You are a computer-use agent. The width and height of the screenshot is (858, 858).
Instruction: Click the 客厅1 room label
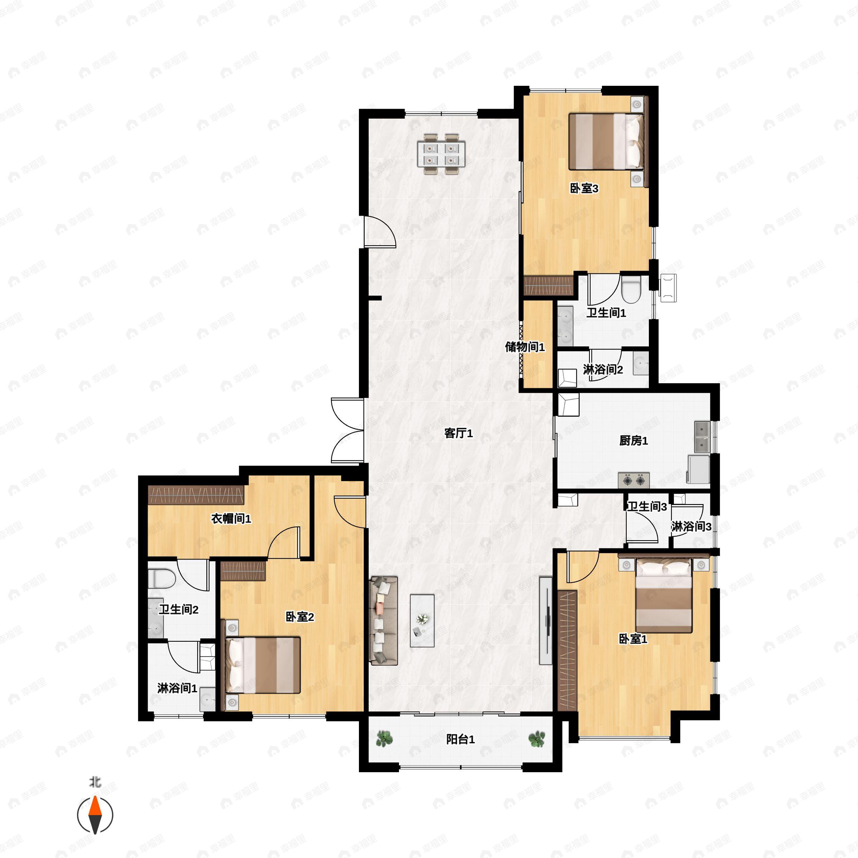click(458, 433)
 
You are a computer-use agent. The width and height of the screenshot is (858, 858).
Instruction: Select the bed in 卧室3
click(605, 141)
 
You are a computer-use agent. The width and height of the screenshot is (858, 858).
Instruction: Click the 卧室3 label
click(584, 188)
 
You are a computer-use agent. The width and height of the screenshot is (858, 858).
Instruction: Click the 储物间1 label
click(524, 347)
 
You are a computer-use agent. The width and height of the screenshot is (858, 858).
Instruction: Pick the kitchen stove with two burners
click(634, 480)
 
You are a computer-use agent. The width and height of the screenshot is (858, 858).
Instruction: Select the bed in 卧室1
click(664, 595)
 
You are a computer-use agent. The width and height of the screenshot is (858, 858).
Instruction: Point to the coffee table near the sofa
click(422, 620)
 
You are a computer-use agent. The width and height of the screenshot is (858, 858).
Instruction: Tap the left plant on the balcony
click(385, 739)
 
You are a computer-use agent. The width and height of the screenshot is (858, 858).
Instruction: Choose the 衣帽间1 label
click(231, 518)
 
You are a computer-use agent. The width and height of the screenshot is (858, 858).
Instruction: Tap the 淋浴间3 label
click(691, 527)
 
